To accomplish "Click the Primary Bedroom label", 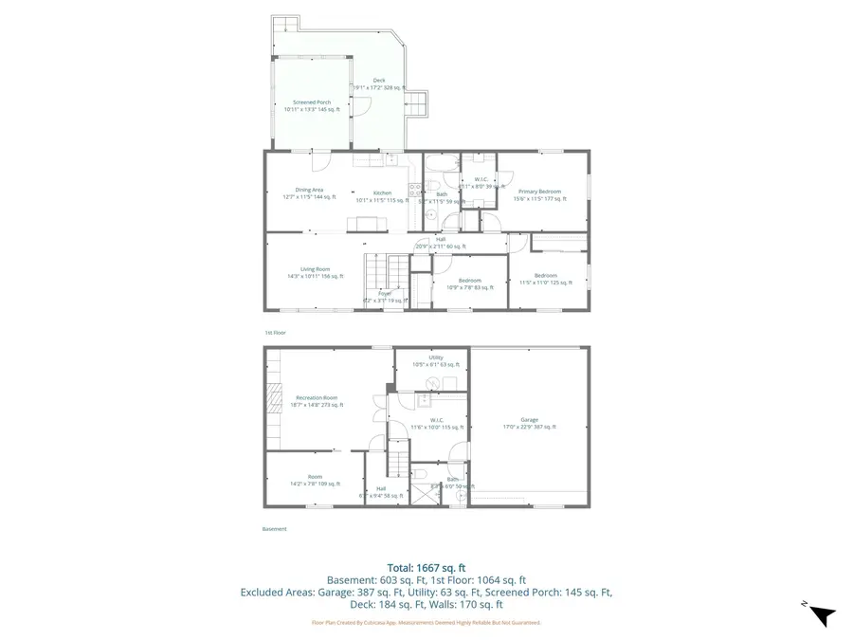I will tap(539, 192).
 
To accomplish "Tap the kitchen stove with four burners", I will tap(415, 191).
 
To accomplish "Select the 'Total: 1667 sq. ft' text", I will tap(426, 566).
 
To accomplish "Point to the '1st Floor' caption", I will tap(275, 333).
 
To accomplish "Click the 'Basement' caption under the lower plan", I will tap(274, 529).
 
